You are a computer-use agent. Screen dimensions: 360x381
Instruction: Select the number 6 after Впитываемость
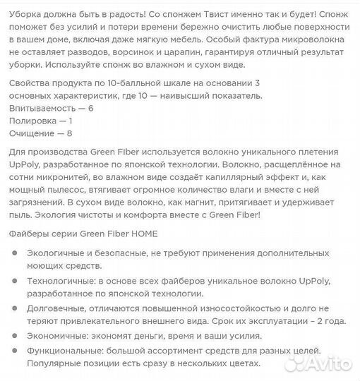(x=90, y=109)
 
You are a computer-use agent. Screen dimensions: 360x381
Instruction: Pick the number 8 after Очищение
(x=69, y=133)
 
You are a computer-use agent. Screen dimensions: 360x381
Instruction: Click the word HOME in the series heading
(x=140, y=234)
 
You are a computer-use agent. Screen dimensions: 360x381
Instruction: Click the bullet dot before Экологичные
(x=16, y=253)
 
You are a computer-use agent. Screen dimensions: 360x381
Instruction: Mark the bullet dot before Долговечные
(x=16, y=308)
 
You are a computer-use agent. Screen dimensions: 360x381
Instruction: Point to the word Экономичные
(x=59, y=336)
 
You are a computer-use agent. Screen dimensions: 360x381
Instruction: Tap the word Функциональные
(x=68, y=351)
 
